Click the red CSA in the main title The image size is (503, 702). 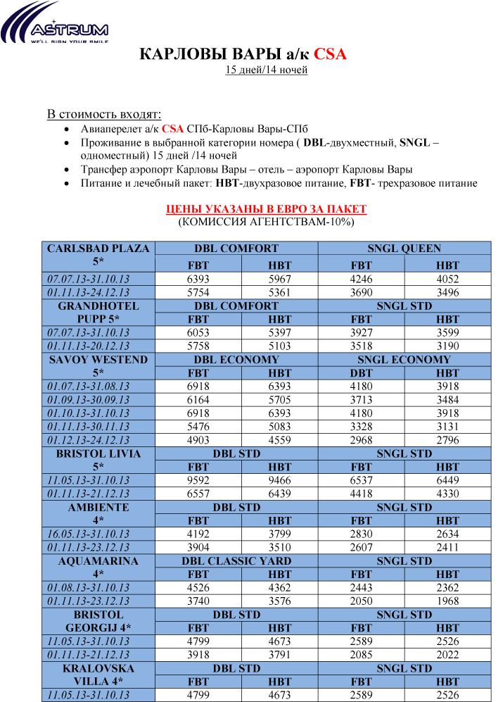[x=330, y=54]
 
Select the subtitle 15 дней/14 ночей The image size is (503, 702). [x=266, y=70]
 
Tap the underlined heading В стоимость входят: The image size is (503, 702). [x=103, y=114]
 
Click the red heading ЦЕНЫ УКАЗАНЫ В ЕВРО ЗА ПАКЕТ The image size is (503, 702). [x=266, y=209]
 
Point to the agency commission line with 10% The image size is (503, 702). [x=266, y=222]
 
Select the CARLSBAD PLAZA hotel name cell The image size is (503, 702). [x=98, y=255]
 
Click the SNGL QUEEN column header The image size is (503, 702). [x=404, y=249]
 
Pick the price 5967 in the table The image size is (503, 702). [x=279, y=279]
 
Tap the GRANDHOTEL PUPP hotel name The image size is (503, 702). [x=98, y=313]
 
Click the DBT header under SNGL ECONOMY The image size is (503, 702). [x=361, y=372]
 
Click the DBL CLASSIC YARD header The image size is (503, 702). [x=236, y=561]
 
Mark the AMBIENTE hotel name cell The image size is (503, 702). [x=98, y=514]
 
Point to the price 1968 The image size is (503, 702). [x=447, y=601]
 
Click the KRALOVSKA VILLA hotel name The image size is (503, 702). [x=98, y=675]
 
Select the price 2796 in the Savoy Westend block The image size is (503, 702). [x=447, y=440]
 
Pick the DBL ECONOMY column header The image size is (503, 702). [x=236, y=359]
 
